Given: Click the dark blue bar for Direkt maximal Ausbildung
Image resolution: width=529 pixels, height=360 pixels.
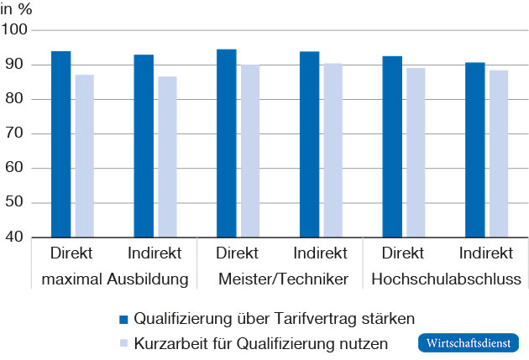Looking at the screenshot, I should [60, 144].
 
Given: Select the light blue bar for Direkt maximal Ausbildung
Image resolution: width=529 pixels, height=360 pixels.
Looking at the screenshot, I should [84, 156].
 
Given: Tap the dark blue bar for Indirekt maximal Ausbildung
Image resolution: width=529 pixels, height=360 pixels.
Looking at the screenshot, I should [144, 146].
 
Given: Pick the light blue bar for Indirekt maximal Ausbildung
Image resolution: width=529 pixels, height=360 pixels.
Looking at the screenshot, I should [167, 157].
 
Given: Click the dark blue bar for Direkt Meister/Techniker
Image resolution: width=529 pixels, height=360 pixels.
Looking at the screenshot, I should [227, 143].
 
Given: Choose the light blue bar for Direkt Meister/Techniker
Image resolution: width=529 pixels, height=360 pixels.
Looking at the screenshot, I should [250, 151].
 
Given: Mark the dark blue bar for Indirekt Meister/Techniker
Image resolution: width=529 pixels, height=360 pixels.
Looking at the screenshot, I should [309, 144].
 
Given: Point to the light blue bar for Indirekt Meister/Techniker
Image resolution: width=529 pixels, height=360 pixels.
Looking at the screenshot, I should [333, 150].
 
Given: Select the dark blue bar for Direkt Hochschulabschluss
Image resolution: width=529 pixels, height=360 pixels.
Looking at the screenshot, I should [392, 147].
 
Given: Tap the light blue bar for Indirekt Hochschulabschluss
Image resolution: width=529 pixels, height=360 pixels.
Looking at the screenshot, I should [499, 154].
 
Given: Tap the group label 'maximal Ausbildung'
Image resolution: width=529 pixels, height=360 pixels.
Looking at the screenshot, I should [113, 279].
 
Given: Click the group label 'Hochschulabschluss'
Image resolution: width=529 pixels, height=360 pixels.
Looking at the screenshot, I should [445, 279].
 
